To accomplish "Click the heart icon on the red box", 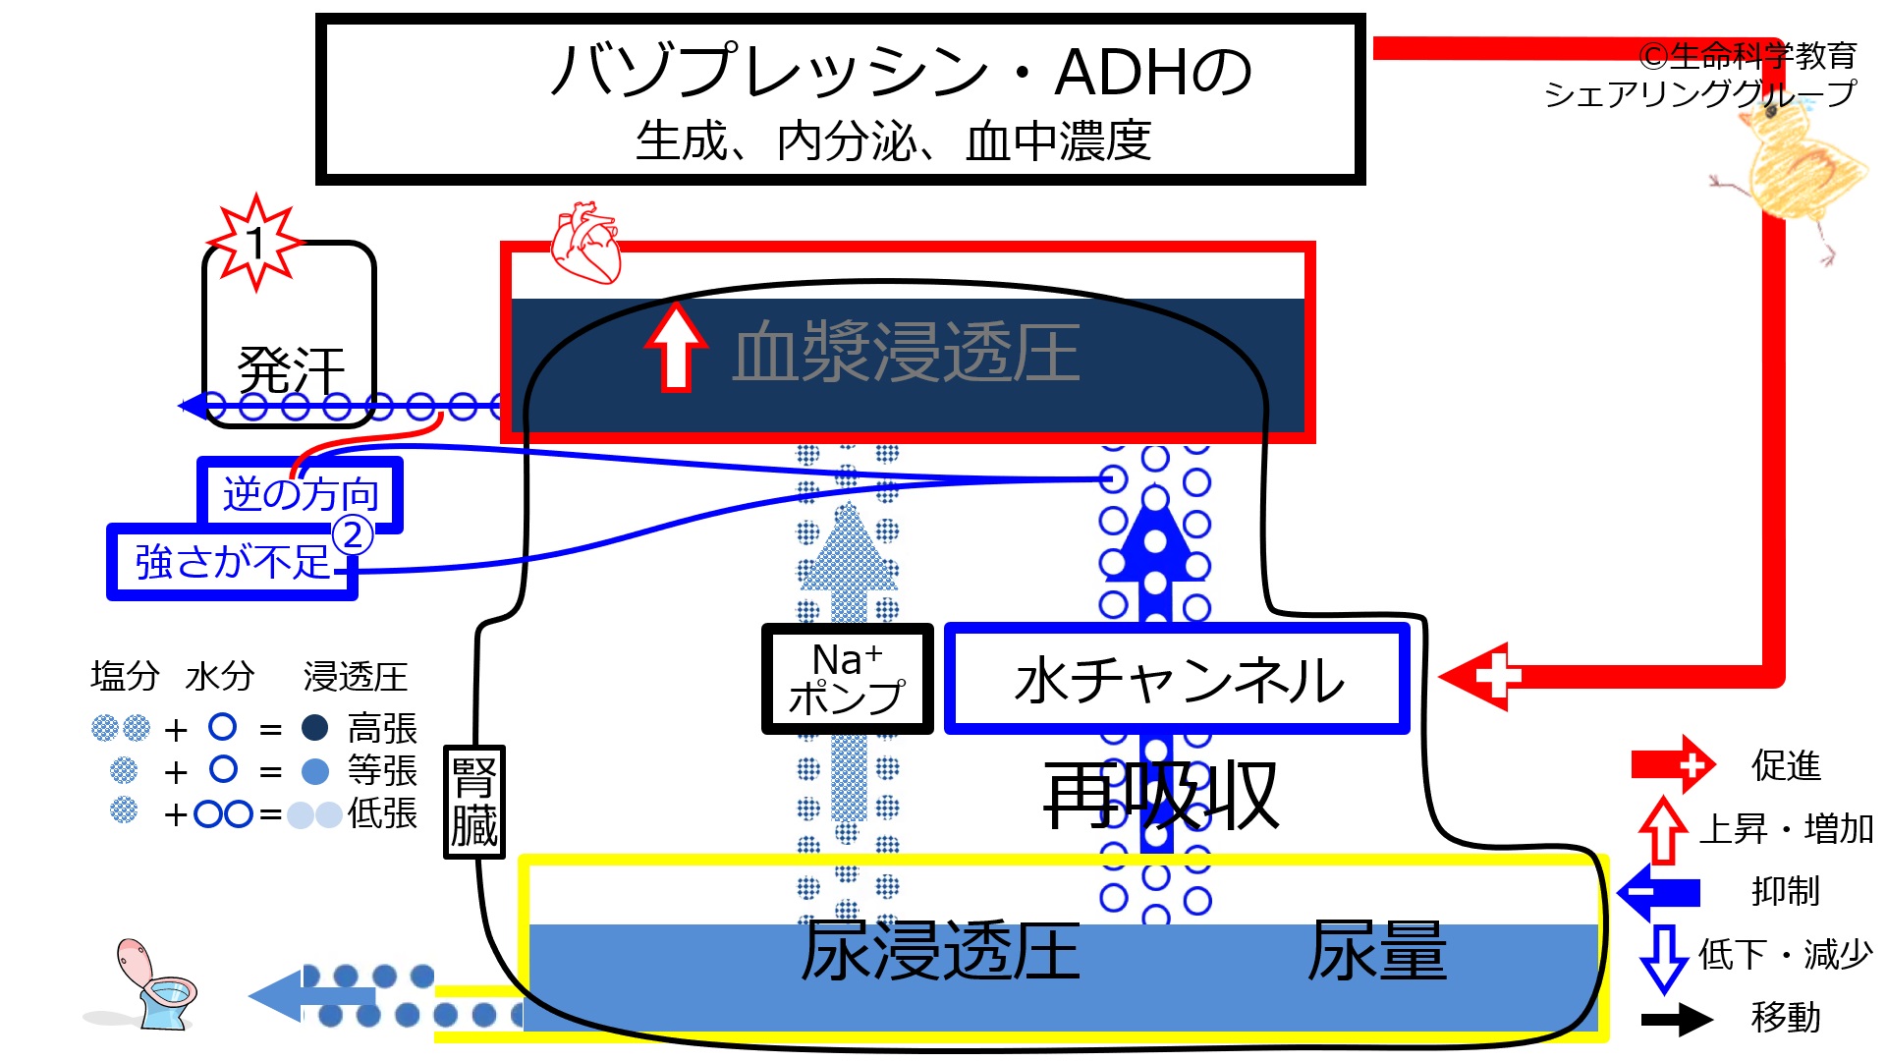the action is tap(586, 243).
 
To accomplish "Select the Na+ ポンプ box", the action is tap(847, 679).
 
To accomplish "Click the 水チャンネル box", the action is tap(1177, 679).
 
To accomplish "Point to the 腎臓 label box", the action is tap(473, 802).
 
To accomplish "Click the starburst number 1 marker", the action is tap(255, 242).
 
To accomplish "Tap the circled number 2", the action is tap(353, 535).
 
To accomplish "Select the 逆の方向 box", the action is tap(301, 494).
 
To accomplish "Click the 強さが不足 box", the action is tap(232, 562).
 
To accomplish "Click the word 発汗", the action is tap(291, 371).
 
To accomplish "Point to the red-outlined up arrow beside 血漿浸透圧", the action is tap(676, 347).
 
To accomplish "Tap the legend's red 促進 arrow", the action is tap(1673, 763).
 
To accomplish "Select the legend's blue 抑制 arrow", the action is tap(1659, 891).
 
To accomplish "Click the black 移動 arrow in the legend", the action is tap(1677, 1019).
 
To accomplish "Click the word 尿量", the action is tap(1376, 951).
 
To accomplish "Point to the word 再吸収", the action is tap(1161, 796).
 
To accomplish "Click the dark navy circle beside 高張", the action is tap(314, 728).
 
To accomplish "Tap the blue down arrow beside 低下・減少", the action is tap(1664, 958).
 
